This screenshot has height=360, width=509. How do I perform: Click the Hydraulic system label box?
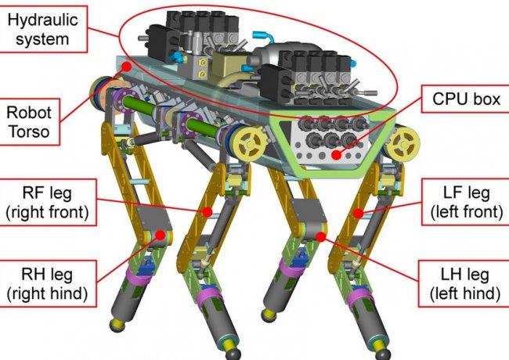pyautogui.click(x=44, y=29)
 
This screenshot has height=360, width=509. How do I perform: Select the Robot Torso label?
pyautogui.click(x=30, y=121)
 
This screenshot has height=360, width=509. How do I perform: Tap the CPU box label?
pyautogui.click(x=465, y=99)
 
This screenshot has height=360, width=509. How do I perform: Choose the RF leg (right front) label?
pyautogui.click(x=48, y=202)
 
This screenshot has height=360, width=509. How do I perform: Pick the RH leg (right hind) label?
pyautogui.click(x=48, y=283)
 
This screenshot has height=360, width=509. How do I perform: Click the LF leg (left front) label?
pyautogui.click(x=466, y=202)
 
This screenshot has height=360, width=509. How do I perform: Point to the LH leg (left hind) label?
pyautogui.click(x=464, y=283)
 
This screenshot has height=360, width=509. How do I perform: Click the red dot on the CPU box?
pyautogui.click(x=337, y=155)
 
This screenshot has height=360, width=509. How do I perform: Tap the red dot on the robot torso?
pyautogui.click(x=126, y=67)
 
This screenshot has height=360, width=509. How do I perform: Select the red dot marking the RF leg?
pyautogui.click(x=207, y=212)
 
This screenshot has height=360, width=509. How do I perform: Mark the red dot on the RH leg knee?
pyautogui.click(x=160, y=235)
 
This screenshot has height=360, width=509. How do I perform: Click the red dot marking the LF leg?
pyautogui.click(x=358, y=214)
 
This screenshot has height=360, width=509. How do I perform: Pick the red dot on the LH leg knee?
pyautogui.click(x=321, y=237)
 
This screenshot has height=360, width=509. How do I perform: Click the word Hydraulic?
pyautogui.click(x=42, y=20)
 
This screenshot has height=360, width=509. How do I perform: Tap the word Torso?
pyautogui.click(x=29, y=131)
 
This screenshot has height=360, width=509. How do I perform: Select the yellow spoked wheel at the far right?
pyautogui.click(x=403, y=144)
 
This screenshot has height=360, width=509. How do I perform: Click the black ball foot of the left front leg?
pyautogui.click(x=382, y=354)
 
